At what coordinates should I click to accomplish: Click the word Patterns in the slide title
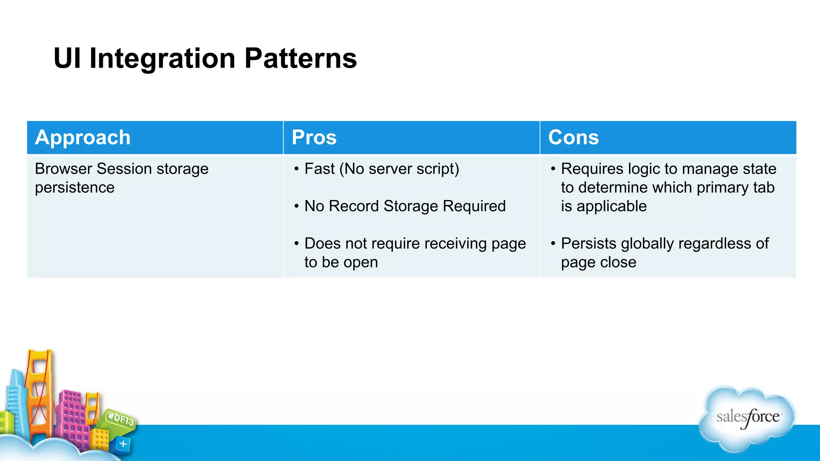(300, 58)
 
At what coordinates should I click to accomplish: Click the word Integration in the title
(162, 58)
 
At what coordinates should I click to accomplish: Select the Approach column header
(83, 138)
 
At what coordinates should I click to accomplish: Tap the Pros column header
(314, 138)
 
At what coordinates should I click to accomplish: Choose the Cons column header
(573, 138)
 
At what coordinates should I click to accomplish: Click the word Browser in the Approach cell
(64, 169)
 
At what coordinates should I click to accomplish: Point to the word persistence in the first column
(75, 188)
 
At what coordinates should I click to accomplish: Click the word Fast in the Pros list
(319, 169)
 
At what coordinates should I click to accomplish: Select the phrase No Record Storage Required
(405, 206)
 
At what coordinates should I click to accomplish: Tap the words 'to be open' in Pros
(341, 263)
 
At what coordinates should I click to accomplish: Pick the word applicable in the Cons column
(611, 206)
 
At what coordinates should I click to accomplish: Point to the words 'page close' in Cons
(599, 263)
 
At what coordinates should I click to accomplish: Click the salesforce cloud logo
(747, 418)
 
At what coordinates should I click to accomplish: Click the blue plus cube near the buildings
(123, 444)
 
